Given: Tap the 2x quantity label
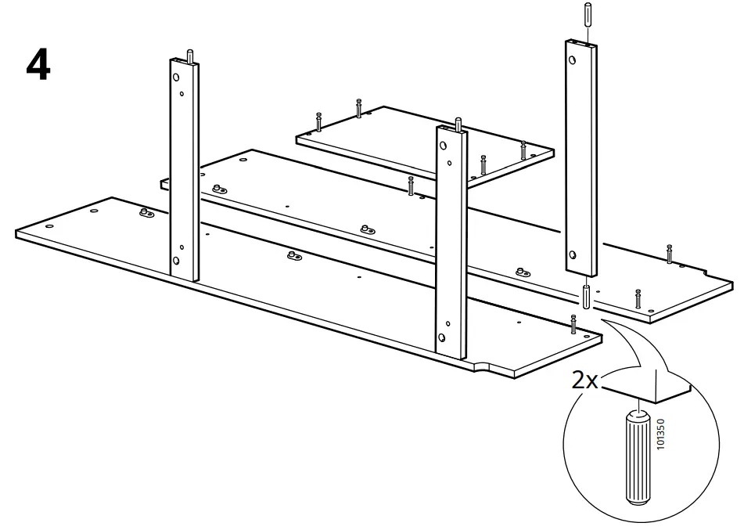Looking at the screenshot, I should click(584, 381).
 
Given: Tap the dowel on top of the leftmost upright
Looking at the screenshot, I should click(189, 56).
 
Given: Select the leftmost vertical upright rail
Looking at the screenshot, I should click(185, 168).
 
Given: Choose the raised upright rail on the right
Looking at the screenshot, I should click(580, 157).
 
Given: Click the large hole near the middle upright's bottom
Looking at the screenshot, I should click(443, 337).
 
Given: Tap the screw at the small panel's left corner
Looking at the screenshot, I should click(319, 122).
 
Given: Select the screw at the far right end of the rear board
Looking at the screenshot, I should click(669, 254).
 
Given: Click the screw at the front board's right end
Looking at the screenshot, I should click(574, 322).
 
